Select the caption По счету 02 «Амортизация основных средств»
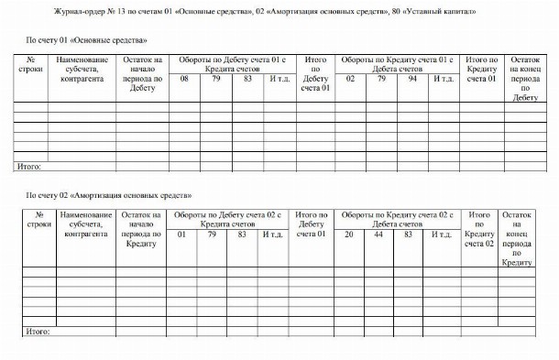click(108, 196)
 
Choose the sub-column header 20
click(349, 235)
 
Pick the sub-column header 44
click(380, 235)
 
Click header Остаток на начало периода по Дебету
click(143, 74)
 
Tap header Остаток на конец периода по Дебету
click(523, 79)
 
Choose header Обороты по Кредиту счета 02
click(395, 219)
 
